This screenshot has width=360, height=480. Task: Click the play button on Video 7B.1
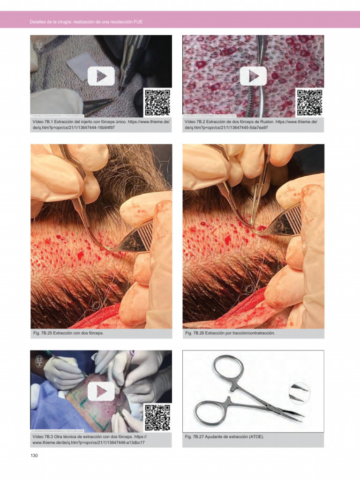coord(101,76)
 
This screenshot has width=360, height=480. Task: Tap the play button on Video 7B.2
coord(253,76)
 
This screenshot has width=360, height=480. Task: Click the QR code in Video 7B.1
coord(157,102)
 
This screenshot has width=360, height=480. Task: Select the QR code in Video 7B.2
coord(309,102)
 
